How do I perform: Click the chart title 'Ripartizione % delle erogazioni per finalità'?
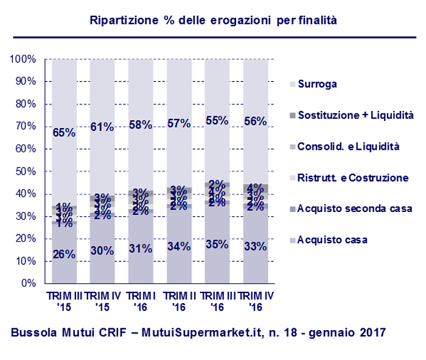click(x=213, y=20)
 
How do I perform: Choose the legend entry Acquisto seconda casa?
click(x=355, y=208)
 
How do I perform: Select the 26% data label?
click(x=64, y=254)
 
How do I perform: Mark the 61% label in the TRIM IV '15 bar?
click(x=102, y=127)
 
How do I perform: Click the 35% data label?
click(x=217, y=244)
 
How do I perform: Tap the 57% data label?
click(x=179, y=124)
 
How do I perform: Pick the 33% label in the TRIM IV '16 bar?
click(x=256, y=247)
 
